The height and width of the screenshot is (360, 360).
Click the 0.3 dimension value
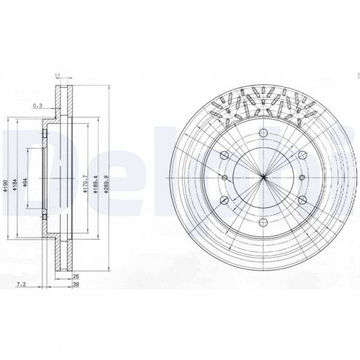(38, 106)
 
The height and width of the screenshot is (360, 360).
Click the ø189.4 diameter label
(95, 181)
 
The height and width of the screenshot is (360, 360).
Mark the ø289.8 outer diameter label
(107, 181)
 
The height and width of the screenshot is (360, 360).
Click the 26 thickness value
(75, 276)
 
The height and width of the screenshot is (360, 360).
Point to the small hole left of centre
(224, 177)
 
